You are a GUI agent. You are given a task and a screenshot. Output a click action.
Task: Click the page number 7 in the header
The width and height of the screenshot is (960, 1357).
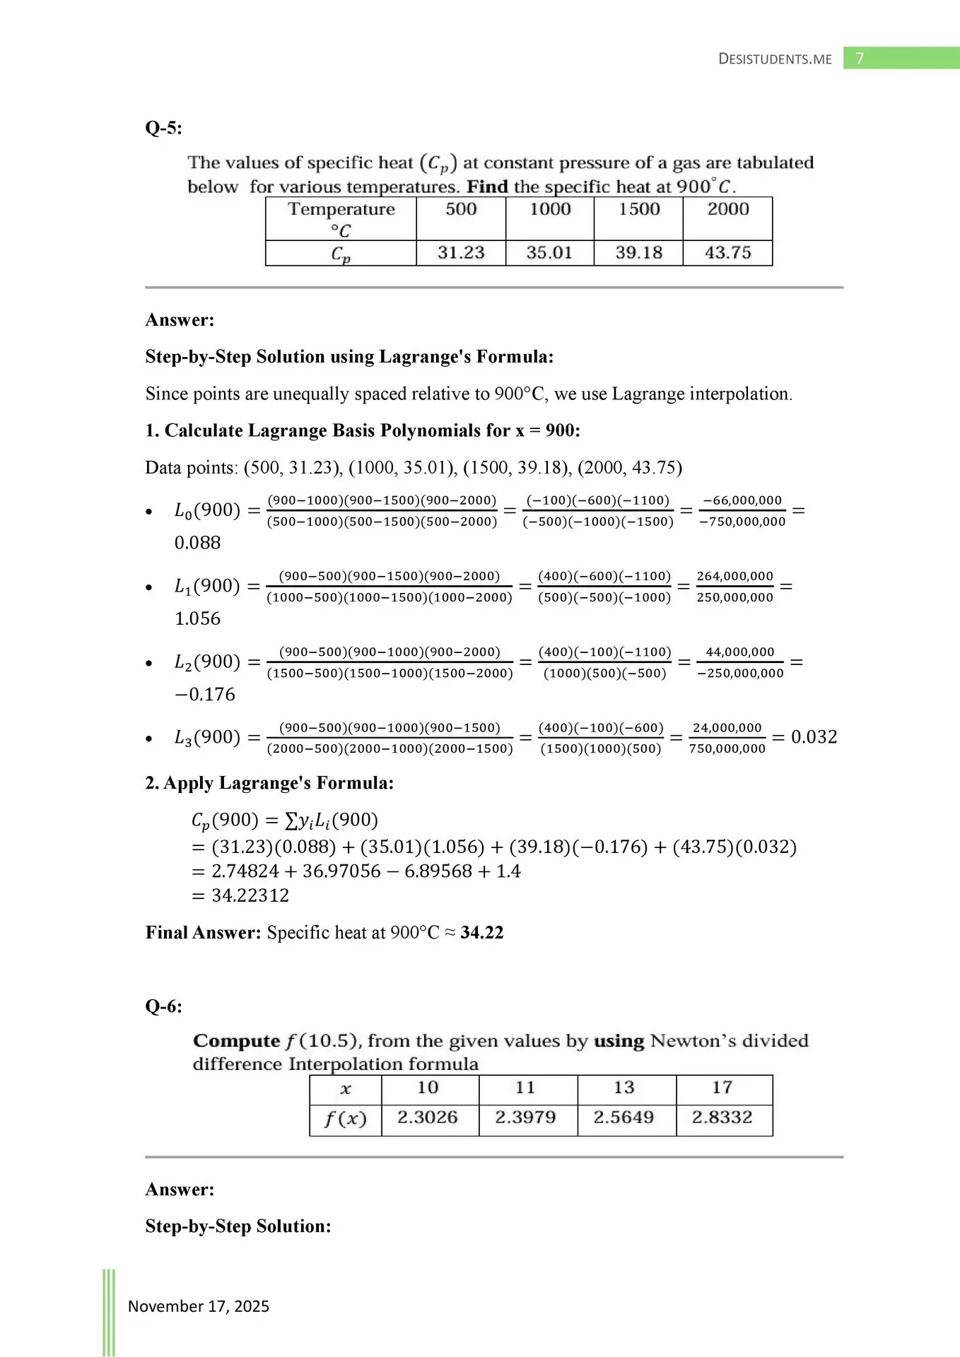click(860, 58)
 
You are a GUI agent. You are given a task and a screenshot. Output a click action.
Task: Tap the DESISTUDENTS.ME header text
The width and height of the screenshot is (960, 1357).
click(775, 59)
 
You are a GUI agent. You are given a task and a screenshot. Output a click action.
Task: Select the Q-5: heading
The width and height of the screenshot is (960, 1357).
click(163, 128)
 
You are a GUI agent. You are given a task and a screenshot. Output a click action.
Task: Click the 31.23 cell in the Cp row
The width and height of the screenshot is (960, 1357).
click(461, 252)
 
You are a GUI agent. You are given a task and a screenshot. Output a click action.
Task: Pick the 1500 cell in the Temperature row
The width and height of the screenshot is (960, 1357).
click(639, 209)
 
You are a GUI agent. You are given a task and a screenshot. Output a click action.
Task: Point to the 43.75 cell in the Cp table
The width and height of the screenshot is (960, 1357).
click(727, 252)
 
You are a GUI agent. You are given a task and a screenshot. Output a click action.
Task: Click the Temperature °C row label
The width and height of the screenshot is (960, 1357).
click(341, 219)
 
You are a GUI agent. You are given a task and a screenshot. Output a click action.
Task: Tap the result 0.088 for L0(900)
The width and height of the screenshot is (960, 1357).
click(197, 543)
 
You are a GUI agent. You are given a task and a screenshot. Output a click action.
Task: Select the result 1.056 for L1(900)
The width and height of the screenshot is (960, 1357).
click(197, 618)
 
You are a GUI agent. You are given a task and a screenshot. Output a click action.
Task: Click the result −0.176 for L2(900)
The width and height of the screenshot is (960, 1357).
click(204, 694)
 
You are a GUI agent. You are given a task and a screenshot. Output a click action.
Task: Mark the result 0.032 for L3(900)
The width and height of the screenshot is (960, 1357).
click(814, 737)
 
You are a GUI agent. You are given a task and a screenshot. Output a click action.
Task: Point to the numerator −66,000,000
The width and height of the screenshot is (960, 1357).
click(742, 500)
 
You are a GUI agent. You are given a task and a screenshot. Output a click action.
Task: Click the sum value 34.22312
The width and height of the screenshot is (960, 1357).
click(250, 895)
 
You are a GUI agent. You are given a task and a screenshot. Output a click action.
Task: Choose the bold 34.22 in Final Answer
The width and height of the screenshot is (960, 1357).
click(481, 932)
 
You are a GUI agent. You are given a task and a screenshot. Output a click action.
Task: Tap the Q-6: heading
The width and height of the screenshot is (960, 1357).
click(163, 1006)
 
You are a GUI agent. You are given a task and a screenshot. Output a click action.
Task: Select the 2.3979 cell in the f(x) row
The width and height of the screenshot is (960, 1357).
click(525, 1117)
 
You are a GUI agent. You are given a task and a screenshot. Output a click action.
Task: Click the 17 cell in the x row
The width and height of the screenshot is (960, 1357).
click(722, 1087)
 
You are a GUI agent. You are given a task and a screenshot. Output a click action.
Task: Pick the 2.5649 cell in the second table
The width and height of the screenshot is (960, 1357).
click(624, 1117)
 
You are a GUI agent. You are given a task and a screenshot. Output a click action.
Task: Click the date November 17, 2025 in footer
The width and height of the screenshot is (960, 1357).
click(198, 1306)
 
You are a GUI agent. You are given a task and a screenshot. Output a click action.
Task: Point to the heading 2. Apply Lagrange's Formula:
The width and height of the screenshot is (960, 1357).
click(269, 783)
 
